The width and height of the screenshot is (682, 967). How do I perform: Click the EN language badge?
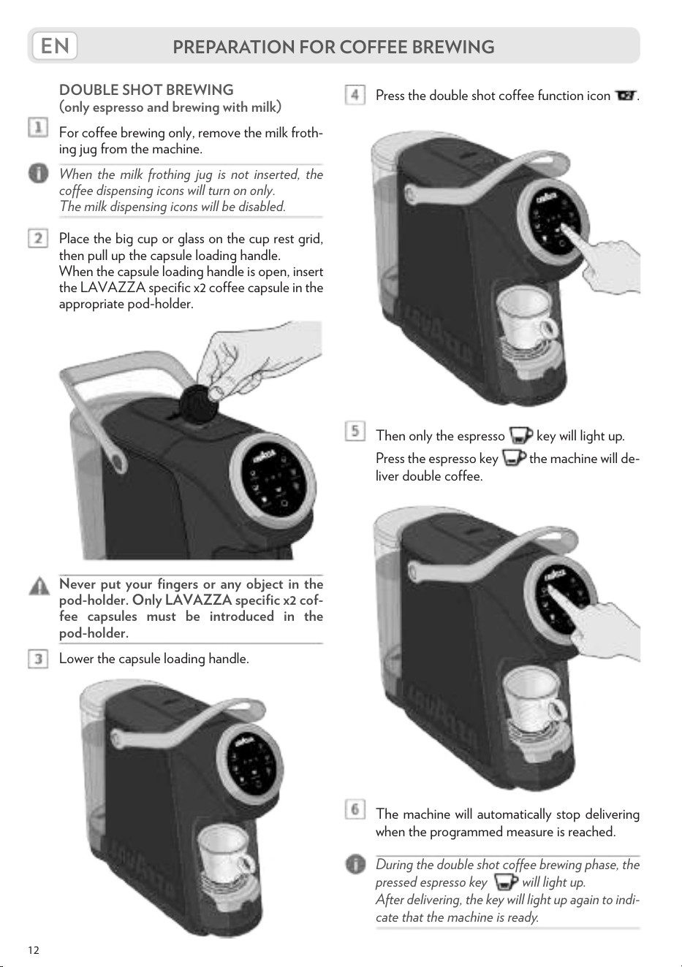tap(54, 45)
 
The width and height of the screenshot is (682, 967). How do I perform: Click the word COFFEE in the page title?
tap(364, 47)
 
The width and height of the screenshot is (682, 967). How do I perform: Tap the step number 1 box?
tap(38, 129)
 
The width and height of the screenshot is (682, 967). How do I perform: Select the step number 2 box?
tap(38, 238)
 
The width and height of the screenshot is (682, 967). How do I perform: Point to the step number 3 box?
tap(38, 659)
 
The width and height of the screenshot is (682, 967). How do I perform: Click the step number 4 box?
tap(355, 95)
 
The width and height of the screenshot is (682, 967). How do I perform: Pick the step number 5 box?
tap(355, 431)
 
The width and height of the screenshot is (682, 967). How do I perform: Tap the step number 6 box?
tap(355, 809)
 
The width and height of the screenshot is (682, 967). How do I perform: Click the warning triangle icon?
tap(39, 586)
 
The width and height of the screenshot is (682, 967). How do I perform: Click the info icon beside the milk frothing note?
tap(39, 174)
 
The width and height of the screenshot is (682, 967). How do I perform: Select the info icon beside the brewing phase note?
tap(355, 865)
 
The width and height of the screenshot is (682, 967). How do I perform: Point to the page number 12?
tap(34, 949)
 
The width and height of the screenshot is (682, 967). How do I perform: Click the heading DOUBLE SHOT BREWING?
tap(146, 90)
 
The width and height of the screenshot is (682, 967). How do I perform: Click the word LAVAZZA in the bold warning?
tap(198, 600)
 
